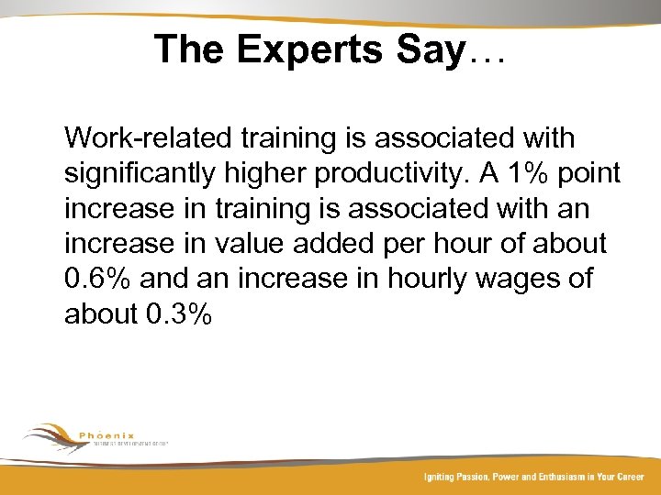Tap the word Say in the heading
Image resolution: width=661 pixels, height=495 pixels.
pyautogui.click(x=431, y=49)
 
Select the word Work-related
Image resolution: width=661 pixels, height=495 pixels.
pyautogui.click(x=148, y=139)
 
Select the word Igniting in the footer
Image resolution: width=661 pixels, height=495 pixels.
pyautogui.click(x=442, y=477)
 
